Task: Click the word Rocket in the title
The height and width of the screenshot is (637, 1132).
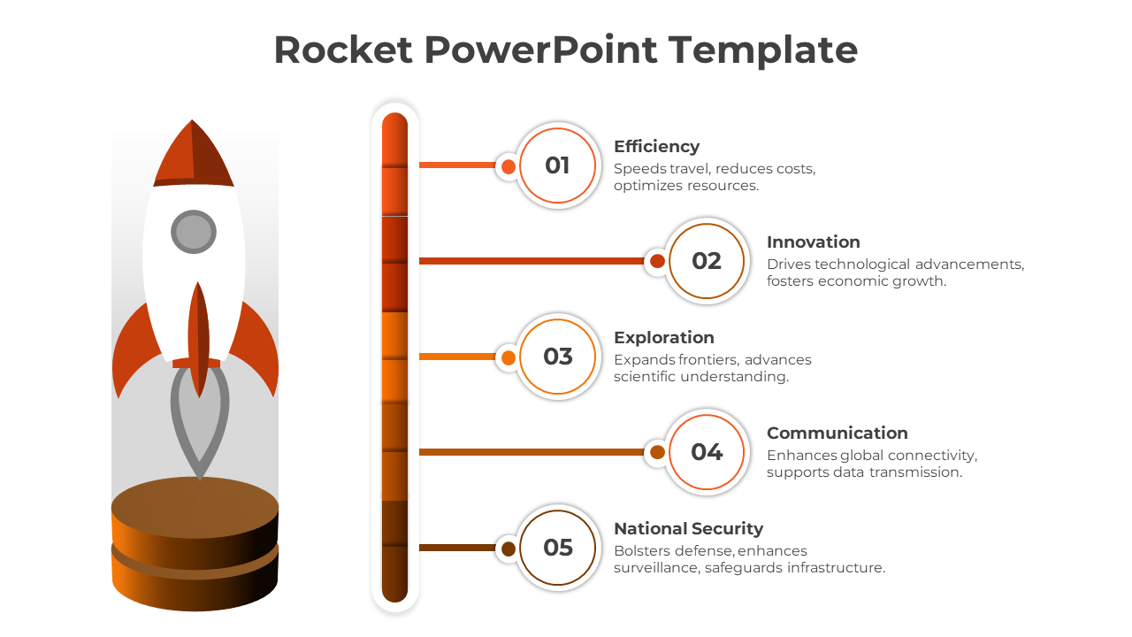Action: [343, 50]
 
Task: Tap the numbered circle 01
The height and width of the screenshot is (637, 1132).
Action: [557, 165]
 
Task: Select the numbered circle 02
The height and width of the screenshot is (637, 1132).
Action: [707, 261]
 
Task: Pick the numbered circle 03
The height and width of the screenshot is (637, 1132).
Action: [557, 357]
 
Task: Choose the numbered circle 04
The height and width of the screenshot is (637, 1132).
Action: [707, 452]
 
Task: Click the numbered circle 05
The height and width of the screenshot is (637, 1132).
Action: [557, 548]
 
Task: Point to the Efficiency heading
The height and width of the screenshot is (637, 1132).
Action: [656, 147]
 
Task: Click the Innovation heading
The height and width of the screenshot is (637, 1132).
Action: [813, 242]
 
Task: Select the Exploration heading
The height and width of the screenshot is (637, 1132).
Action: [663, 338]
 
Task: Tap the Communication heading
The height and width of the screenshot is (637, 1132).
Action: [837, 433]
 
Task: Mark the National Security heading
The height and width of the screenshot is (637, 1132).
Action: [688, 529]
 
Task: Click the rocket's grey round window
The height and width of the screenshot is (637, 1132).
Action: [194, 232]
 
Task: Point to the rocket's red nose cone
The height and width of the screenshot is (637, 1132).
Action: [193, 153]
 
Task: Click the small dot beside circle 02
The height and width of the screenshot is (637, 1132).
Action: [657, 261]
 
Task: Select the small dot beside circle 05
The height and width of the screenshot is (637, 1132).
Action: [509, 549]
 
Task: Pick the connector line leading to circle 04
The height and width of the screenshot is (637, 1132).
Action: [532, 452]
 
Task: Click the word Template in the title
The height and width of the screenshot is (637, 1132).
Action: [763, 51]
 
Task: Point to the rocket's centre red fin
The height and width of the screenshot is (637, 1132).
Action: [198, 339]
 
